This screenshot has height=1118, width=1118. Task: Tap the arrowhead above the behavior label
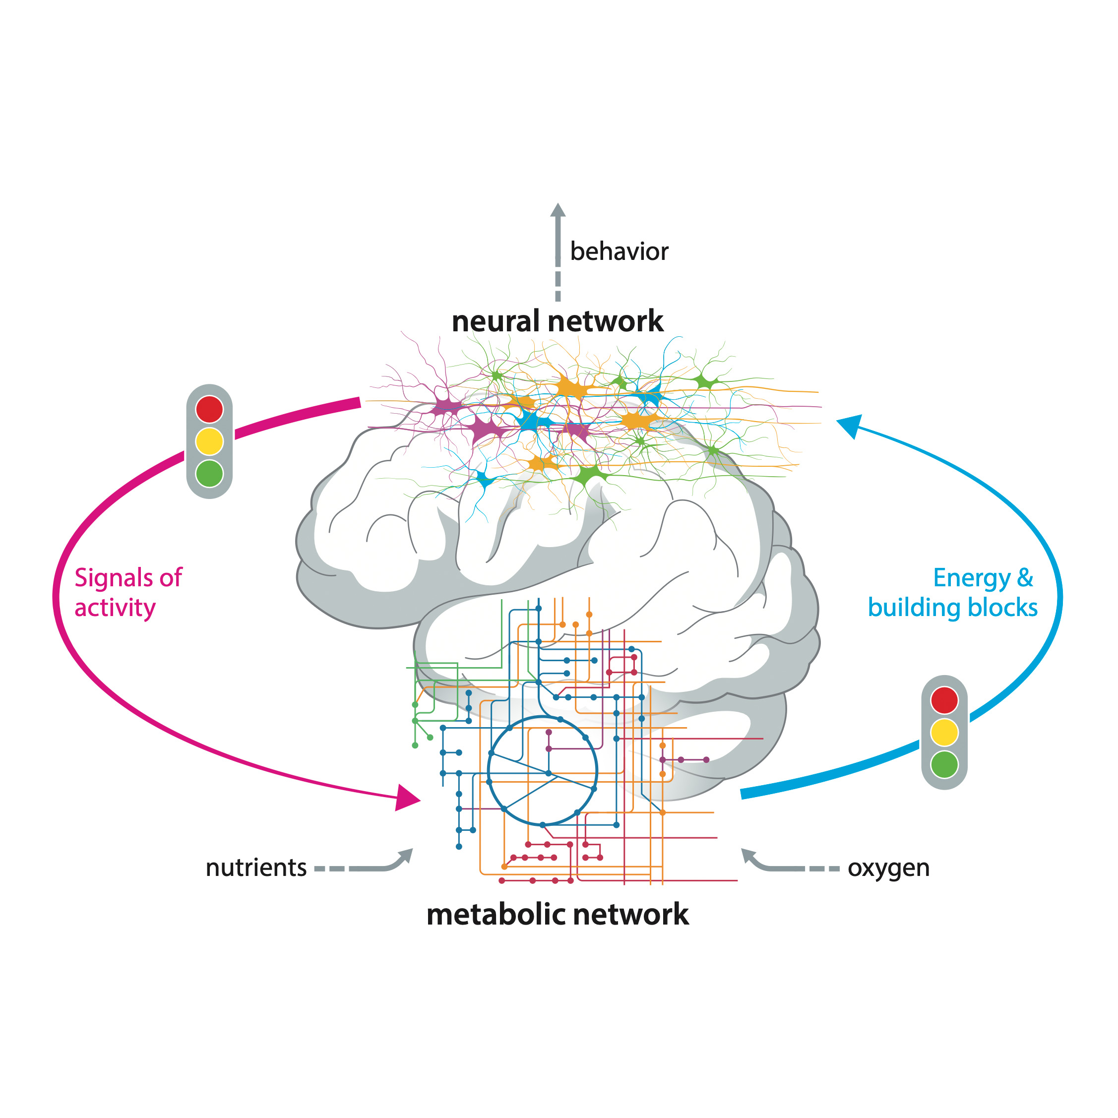[x=558, y=211]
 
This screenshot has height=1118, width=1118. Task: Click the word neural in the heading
[x=488, y=321]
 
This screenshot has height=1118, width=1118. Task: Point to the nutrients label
[x=256, y=868]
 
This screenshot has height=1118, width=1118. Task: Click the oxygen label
[x=888, y=868]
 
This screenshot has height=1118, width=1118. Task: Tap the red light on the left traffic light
[x=209, y=409]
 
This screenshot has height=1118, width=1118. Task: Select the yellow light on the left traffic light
[x=209, y=441]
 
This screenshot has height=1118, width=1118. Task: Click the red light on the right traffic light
[x=944, y=700]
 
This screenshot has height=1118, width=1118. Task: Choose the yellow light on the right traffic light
[x=944, y=732]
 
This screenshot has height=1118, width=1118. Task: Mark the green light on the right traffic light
[x=944, y=764]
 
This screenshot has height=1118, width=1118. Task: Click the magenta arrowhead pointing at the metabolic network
[x=406, y=798]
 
